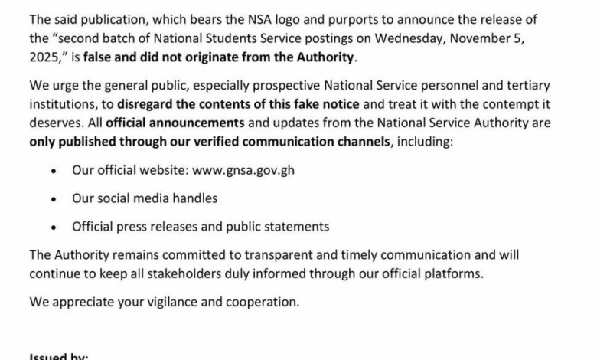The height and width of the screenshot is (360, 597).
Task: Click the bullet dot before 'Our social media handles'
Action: click(53, 198)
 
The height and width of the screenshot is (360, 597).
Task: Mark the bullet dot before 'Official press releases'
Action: click(53, 227)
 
